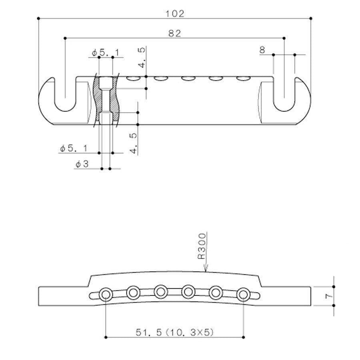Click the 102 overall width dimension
pyautogui.click(x=175, y=14)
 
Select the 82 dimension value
pyautogui.click(x=174, y=34)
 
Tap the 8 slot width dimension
pyautogui.click(x=262, y=50)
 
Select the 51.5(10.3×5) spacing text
pyautogui.click(x=174, y=332)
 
